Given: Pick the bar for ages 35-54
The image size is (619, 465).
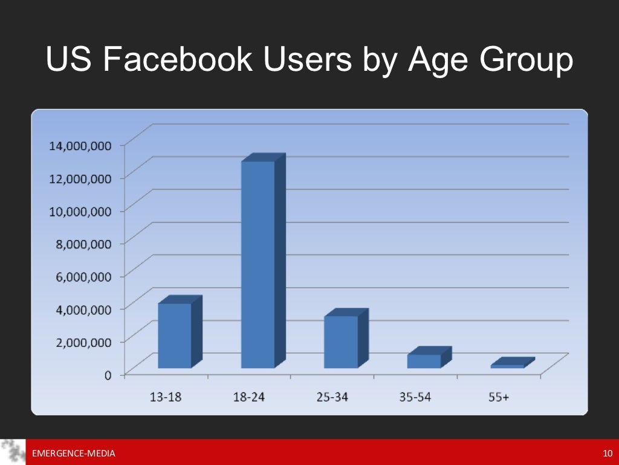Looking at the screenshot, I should pyautogui.click(x=424, y=361).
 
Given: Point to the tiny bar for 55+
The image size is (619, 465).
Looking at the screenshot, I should pyautogui.click(x=507, y=366).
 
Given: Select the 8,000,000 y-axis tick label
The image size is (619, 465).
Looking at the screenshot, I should pyautogui.click(x=80, y=243).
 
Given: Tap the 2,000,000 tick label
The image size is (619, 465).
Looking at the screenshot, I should pyautogui.click(x=80, y=341).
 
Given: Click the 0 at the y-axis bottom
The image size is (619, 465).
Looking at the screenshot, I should pyautogui.click(x=108, y=375).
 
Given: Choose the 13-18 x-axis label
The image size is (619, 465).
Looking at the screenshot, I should pyautogui.click(x=166, y=397).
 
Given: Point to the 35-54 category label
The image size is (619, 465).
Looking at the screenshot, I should pyautogui.click(x=415, y=397).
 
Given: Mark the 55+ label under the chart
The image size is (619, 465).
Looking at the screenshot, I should pyautogui.click(x=499, y=397).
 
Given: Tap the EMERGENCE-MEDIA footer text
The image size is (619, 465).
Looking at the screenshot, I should pyautogui.click(x=73, y=453).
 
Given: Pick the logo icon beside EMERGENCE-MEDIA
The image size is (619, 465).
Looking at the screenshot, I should pyautogui.click(x=13, y=452).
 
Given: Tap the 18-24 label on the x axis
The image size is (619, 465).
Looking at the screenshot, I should pyautogui.click(x=249, y=397).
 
